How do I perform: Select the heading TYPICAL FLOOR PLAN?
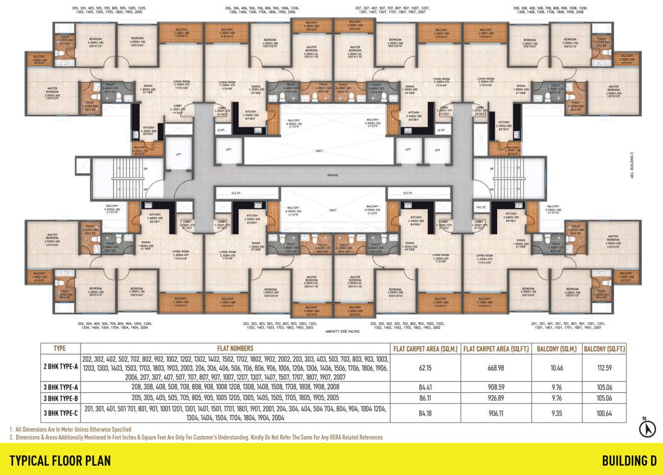coord(59,460)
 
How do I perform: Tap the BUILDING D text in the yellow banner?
coord(629,460)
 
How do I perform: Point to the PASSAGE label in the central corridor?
coord(333,176)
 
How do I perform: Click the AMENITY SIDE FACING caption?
coord(333,332)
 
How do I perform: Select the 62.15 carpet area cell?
coord(425,367)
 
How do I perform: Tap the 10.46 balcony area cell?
coord(557,367)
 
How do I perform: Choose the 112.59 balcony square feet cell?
coord(604,367)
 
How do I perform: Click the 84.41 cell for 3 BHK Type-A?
coord(425,387)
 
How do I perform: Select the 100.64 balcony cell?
coord(604,413)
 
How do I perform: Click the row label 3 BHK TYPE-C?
coord(59,413)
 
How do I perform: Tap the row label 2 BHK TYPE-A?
coord(59,367)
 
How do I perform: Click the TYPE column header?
coord(59,348)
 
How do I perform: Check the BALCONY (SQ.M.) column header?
coord(557,348)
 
